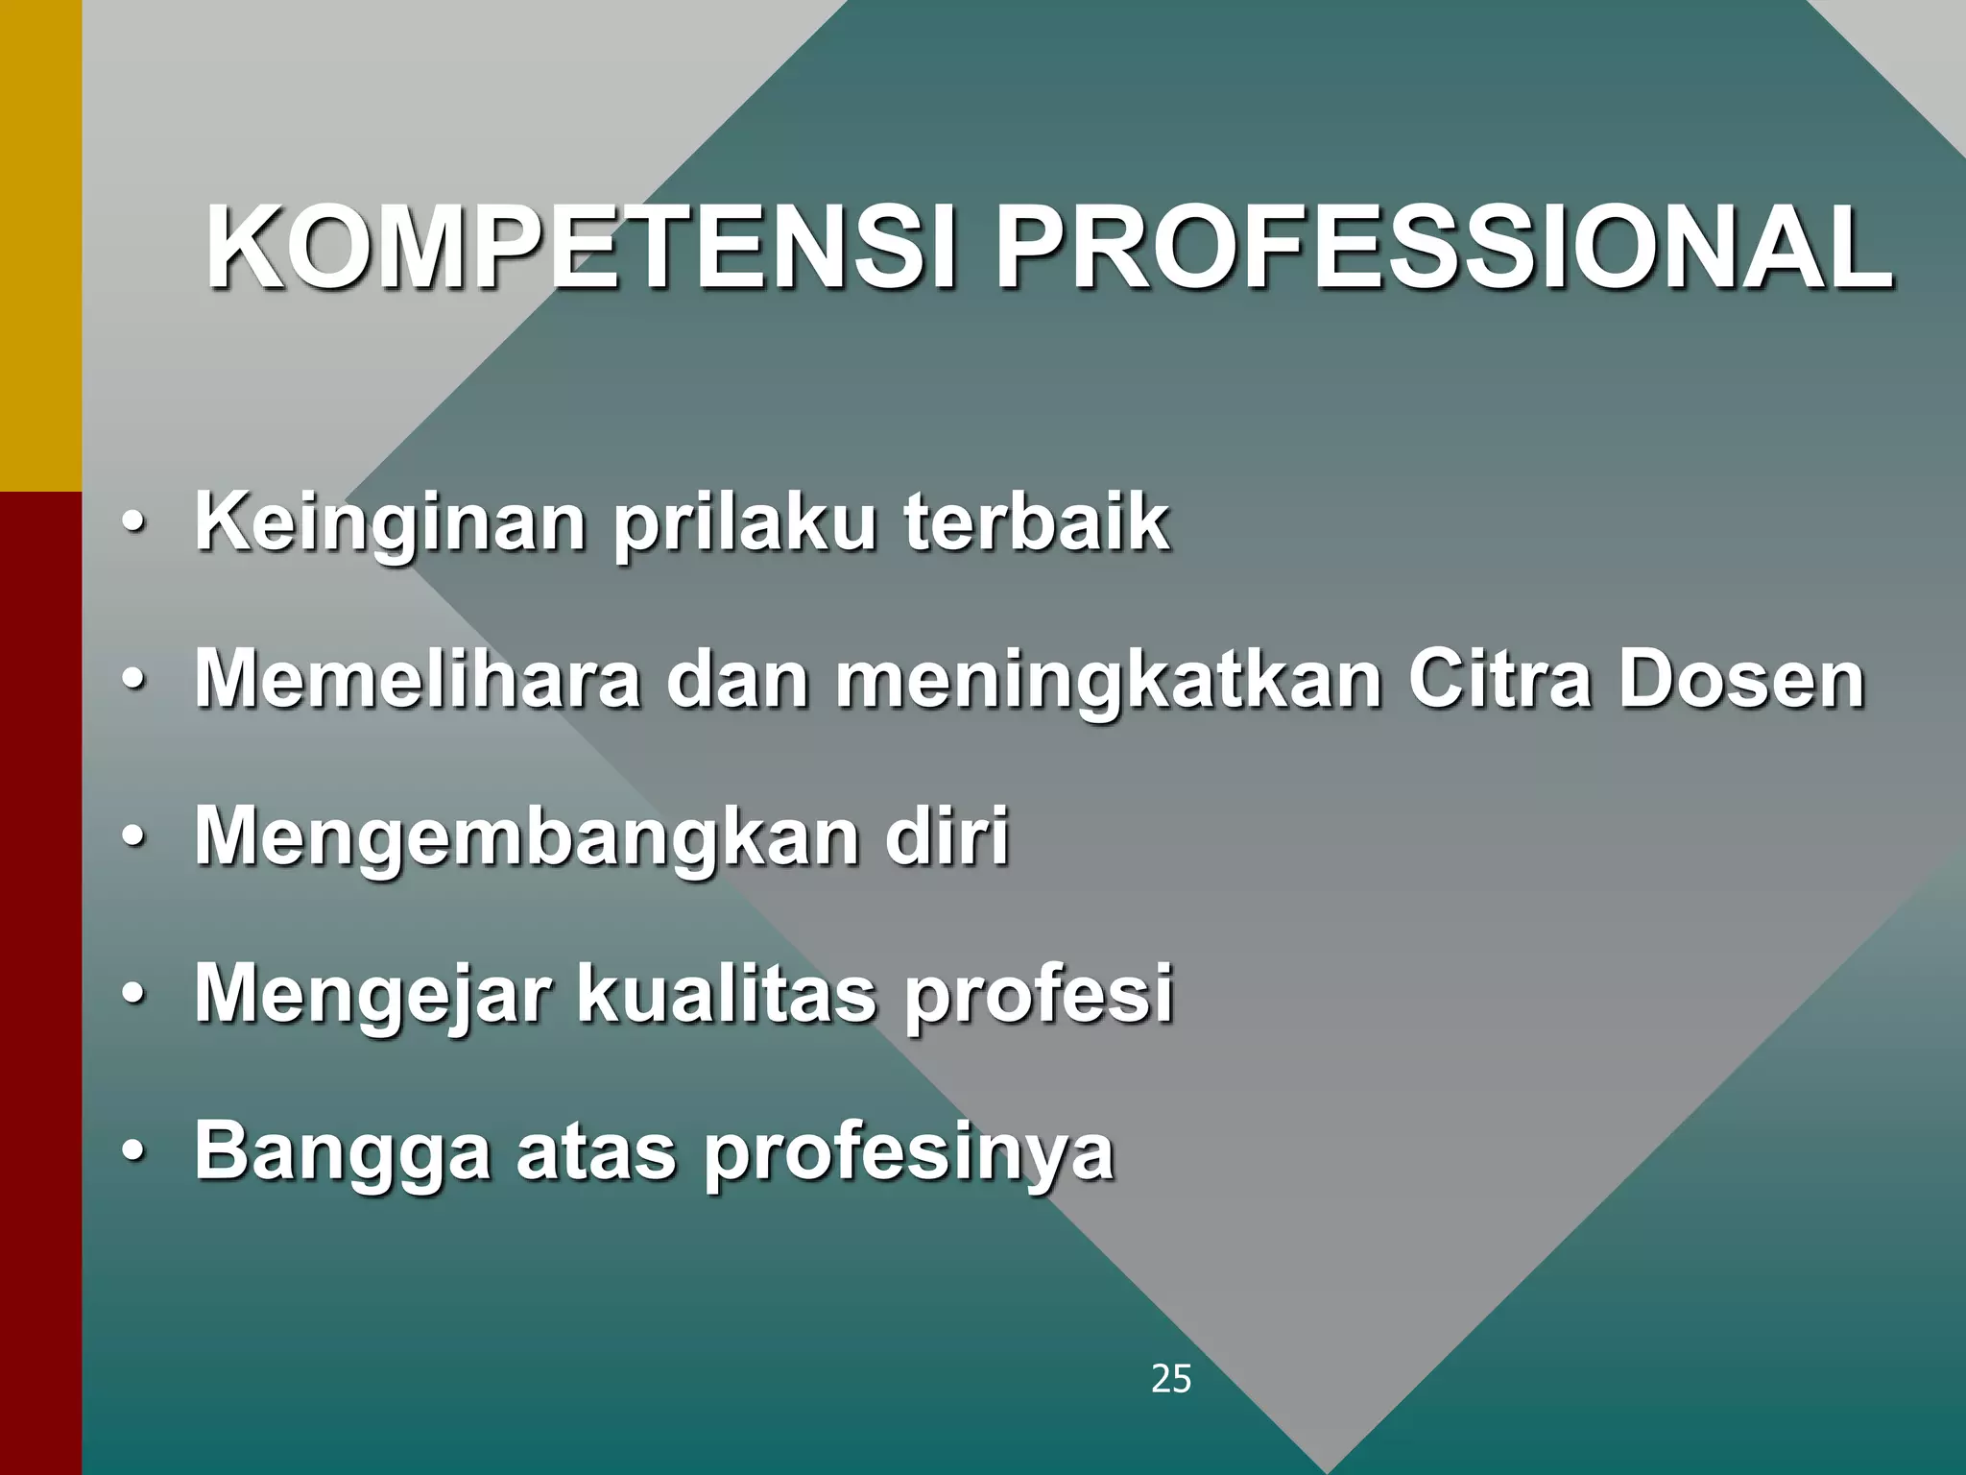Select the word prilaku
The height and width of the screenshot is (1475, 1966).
(x=744, y=523)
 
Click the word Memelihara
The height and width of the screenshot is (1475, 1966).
(x=418, y=680)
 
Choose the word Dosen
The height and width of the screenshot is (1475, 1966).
(x=1741, y=680)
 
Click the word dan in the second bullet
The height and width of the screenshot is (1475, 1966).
(x=737, y=680)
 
